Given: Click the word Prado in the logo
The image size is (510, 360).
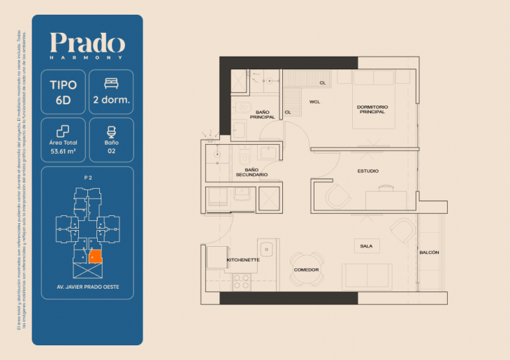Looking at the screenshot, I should point(87,44).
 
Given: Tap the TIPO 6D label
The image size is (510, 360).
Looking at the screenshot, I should point(64,92).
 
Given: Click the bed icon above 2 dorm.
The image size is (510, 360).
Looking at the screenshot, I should point(112,84).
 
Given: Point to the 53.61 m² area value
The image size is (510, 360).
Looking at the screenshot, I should point(64,149).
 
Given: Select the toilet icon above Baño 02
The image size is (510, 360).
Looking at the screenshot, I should point(112,131).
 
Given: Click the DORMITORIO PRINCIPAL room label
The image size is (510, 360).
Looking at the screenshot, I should point(372,110).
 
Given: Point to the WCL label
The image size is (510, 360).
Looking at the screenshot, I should point(314,102).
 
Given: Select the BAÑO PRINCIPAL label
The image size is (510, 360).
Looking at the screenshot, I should point(263,115).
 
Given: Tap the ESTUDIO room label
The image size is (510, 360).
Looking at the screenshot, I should point(368,170).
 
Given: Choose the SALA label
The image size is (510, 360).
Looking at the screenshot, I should point(366,246).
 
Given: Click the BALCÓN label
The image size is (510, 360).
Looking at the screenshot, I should point(429,252).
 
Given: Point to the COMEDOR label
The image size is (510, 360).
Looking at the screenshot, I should point(306,270).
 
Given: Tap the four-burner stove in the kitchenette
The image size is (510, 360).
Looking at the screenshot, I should point(241,281).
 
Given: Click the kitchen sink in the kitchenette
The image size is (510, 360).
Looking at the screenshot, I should point(265,248).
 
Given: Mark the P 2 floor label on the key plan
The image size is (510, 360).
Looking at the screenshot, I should point(88,179).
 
